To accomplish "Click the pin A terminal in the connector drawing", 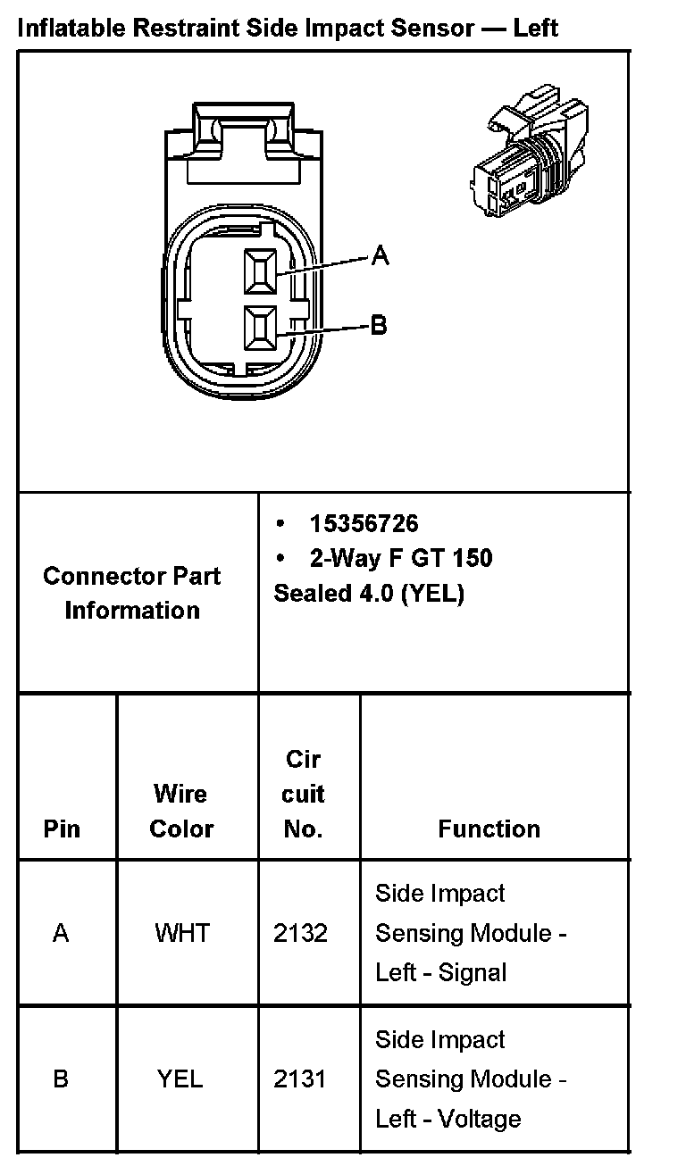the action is pos(261,270).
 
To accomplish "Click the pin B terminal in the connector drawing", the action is pos(261,328).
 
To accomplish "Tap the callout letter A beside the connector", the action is pos(381,256).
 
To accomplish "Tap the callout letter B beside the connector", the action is pos(379,325).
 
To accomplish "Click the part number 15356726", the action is pos(364,523).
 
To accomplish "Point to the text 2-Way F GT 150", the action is pos(400,559).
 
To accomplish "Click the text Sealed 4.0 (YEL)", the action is pos(369,594).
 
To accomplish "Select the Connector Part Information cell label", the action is pos(132,593).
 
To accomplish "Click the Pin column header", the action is pos(62,829).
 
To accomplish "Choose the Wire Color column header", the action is pos(181,811).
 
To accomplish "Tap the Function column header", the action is pos(489,829).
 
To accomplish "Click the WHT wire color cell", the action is pos(181,933).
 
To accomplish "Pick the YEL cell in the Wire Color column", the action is pos(180,1079).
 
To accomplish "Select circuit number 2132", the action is pos(301,933).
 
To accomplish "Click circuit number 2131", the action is pos(300,1079).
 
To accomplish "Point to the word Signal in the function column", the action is pos(473,972).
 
